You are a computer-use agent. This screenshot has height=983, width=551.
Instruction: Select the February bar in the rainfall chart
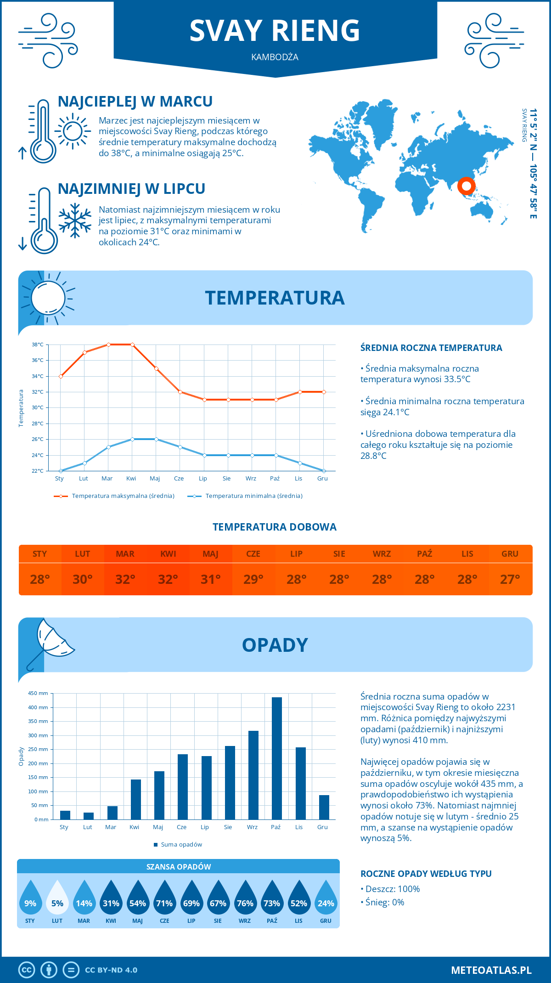coord(89,816)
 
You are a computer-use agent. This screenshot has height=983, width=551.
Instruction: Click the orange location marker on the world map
coord(467,186)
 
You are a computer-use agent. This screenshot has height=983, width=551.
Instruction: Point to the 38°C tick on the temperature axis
coord(38,345)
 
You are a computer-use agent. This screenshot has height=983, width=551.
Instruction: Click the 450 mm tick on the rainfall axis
coord(39,693)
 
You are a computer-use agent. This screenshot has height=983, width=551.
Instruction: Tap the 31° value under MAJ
coord(211,579)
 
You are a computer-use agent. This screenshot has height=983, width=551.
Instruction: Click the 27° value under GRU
coord(510,579)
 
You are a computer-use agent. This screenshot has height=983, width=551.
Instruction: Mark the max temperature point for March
coord(109,345)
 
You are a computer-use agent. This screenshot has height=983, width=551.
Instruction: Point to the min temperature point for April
coord(133,439)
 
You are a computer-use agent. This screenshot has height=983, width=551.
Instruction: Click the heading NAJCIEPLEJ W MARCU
coord(135,102)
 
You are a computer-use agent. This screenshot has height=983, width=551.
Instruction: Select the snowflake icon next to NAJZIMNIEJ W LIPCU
coord(75,221)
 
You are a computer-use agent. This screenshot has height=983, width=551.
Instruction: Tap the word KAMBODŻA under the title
coord(275,57)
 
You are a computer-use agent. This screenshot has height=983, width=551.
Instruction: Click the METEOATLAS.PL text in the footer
coord(491,970)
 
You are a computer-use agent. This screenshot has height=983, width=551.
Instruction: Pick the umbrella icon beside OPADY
coord(51,643)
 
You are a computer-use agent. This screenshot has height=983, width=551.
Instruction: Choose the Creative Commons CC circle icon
coord(27,970)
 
